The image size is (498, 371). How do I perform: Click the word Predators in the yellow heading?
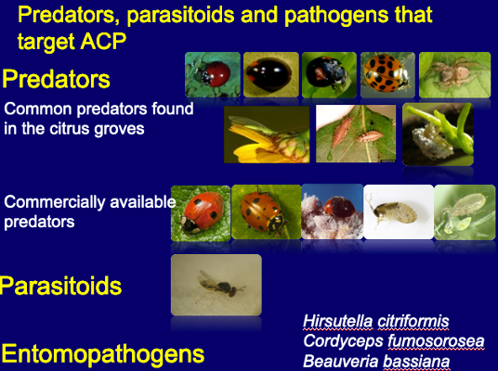click(57, 79)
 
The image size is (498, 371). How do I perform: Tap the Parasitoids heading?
click(60, 286)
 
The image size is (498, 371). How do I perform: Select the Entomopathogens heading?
click(103, 353)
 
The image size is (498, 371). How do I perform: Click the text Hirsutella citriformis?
click(376, 321)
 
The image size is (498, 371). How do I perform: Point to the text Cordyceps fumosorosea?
click(394, 341)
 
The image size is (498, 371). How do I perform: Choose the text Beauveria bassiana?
click(376, 361)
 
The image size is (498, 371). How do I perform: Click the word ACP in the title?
click(103, 41)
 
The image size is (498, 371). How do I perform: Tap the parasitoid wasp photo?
click(216, 285)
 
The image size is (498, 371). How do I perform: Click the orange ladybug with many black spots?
click(387, 75)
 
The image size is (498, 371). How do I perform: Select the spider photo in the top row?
click(455, 75)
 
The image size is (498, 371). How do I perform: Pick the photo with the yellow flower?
click(267, 134)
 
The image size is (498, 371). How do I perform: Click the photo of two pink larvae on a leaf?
click(356, 134)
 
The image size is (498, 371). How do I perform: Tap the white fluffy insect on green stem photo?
click(438, 134)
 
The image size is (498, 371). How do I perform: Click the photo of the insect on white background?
click(399, 211)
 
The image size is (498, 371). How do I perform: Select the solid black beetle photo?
click(271, 75)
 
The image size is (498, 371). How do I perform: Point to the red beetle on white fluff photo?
click(333, 211)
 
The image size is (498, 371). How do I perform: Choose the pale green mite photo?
click(465, 212)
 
